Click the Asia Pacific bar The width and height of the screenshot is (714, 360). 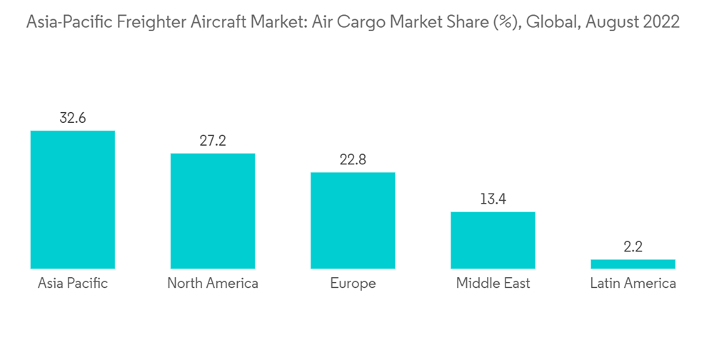point(72,199)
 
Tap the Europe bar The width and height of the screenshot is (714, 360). point(353,220)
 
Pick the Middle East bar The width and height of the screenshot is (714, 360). point(493,240)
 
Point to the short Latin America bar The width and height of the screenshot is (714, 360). point(633,264)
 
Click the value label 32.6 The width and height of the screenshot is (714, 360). point(72,118)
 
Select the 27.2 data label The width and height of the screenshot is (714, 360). point(212,141)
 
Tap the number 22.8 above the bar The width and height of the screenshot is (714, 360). point(353,159)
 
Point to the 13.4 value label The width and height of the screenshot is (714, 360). point(493,199)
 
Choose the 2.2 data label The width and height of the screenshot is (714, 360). point(633,247)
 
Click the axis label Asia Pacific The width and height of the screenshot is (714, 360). point(72,284)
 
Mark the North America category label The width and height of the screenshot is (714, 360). point(212,284)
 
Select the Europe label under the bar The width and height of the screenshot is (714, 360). point(353,284)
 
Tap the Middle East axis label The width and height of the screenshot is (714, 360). point(493,284)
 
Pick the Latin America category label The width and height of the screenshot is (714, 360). point(633,284)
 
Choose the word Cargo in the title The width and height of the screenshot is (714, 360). point(368,23)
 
